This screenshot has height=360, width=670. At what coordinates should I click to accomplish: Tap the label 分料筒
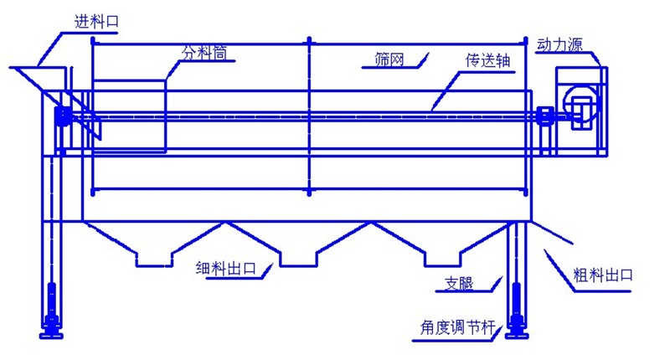click(x=208, y=53)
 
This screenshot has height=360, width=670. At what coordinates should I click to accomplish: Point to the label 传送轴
click(x=485, y=61)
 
